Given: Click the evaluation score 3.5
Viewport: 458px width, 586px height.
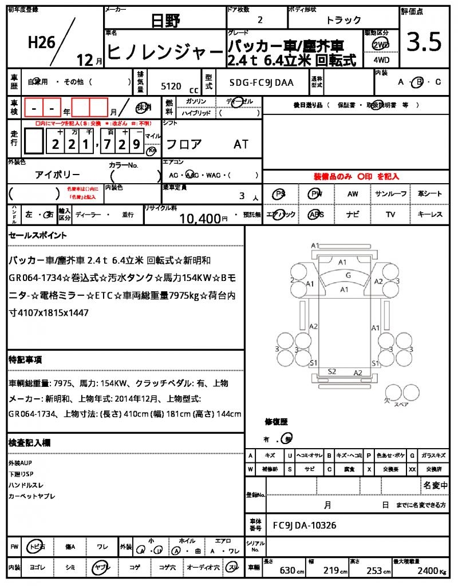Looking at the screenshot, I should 424,41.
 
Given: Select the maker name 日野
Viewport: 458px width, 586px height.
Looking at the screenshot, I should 165,21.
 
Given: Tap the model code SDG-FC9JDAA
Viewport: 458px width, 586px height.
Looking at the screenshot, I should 261,82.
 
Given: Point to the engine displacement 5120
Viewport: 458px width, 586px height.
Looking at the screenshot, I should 171,86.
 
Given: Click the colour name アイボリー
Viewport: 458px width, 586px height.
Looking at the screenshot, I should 57,175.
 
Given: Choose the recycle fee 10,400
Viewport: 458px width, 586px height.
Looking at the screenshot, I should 200,218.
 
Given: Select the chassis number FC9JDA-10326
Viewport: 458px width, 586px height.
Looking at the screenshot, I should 305,525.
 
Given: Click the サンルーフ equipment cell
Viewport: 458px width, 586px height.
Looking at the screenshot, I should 391,194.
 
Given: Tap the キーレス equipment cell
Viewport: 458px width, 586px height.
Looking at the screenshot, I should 430,215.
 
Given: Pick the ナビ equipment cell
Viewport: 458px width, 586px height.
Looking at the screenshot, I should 353,215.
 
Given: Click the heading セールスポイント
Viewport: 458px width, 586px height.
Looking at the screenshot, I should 38,235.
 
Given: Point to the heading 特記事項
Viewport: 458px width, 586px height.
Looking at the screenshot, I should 25,360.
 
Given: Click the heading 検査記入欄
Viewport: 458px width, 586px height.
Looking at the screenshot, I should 29,443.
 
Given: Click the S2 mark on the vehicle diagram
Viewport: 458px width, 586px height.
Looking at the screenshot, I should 331,371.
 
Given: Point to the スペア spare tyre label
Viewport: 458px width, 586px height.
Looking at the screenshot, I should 402,404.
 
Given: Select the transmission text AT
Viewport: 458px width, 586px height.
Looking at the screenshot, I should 240,145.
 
